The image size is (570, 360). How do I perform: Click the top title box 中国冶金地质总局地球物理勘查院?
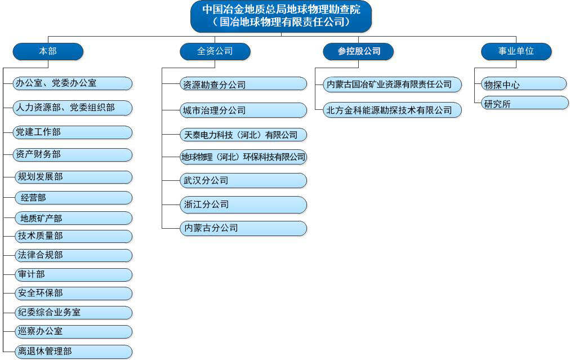281,16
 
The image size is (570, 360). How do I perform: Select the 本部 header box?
48,51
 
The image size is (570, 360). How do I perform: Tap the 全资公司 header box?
215,51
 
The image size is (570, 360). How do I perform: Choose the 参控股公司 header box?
358,51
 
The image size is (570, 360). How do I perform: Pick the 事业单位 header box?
516,51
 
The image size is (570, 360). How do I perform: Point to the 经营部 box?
74,198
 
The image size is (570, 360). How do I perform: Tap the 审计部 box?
74,274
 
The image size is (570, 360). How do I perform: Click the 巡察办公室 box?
74,332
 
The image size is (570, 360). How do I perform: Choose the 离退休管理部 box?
74,352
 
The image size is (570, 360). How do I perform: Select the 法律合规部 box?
74,255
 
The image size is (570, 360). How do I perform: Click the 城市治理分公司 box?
243,110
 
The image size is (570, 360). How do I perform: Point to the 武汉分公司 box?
243,180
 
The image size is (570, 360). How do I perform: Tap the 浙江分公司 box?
243,205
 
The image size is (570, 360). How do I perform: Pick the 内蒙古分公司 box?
243,228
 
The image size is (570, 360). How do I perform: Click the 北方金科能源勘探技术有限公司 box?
393,110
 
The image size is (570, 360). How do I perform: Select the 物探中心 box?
524,84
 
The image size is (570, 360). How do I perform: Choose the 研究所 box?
525,103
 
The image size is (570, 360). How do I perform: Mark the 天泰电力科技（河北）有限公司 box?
243,135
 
